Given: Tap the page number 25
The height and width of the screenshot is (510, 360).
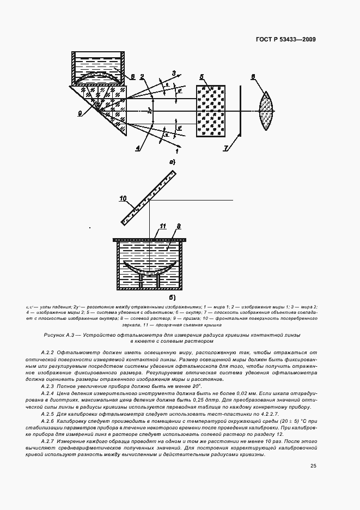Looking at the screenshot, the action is pyautogui.click(x=313, y=466).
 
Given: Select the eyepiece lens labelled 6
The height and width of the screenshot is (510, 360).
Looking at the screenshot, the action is pyautogui.click(x=265, y=109).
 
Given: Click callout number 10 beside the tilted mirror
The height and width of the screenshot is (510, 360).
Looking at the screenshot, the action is pyautogui.click(x=123, y=198).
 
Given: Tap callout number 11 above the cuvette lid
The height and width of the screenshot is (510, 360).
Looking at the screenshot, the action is pyautogui.click(x=162, y=226).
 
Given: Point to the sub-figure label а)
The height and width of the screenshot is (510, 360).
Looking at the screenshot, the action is pyautogui.click(x=172, y=162).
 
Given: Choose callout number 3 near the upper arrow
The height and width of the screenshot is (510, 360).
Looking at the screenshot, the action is pyautogui.click(x=174, y=73).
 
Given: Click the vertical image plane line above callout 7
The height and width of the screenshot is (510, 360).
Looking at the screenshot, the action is pyautogui.click(x=241, y=109).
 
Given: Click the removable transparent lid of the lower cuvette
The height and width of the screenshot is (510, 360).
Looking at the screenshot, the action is pyautogui.click(x=149, y=239).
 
